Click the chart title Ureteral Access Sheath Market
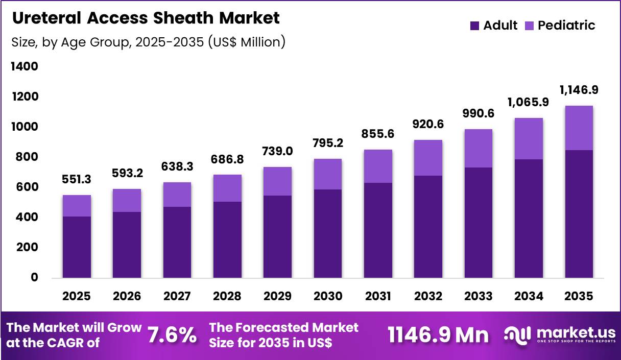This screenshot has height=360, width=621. (146, 18)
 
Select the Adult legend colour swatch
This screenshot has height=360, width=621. (474, 26)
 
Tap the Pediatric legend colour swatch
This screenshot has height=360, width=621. (529, 26)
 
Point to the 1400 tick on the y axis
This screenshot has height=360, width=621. (24, 67)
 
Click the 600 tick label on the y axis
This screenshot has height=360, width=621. (24, 187)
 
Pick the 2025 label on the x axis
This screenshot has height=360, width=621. (77, 297)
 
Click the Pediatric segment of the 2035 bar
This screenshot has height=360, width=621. (579, 128)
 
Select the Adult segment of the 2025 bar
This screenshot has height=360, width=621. (77, 247)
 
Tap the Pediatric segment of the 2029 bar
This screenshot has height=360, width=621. (278, 181)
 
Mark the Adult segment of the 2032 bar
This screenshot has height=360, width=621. (428, 227)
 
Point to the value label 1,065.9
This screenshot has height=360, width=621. (529, 102)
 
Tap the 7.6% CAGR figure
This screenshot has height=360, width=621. (172, 335)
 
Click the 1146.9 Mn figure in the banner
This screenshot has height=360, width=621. (438, 335)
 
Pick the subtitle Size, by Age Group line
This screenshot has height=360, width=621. (148, 42)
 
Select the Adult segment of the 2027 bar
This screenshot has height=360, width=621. (177, 243)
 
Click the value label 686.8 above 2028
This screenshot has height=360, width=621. (228, 159)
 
